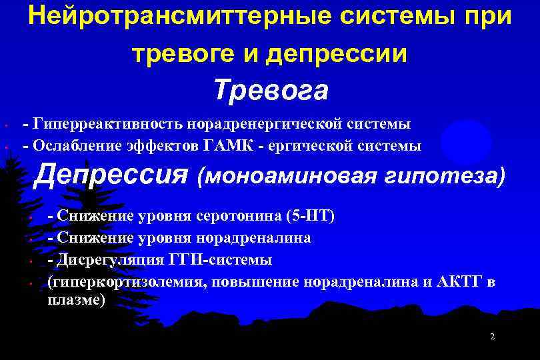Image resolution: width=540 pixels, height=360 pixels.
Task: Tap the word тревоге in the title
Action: pos(179,54)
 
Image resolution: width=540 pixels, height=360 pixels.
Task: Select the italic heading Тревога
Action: pos(271,91)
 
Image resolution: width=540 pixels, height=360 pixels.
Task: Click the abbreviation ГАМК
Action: pos(240,144)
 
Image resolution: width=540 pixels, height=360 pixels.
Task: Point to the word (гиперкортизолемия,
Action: pos(125,281)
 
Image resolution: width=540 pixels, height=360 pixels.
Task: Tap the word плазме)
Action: pos(76,300)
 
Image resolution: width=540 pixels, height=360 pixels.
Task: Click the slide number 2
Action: pos(492,337)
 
